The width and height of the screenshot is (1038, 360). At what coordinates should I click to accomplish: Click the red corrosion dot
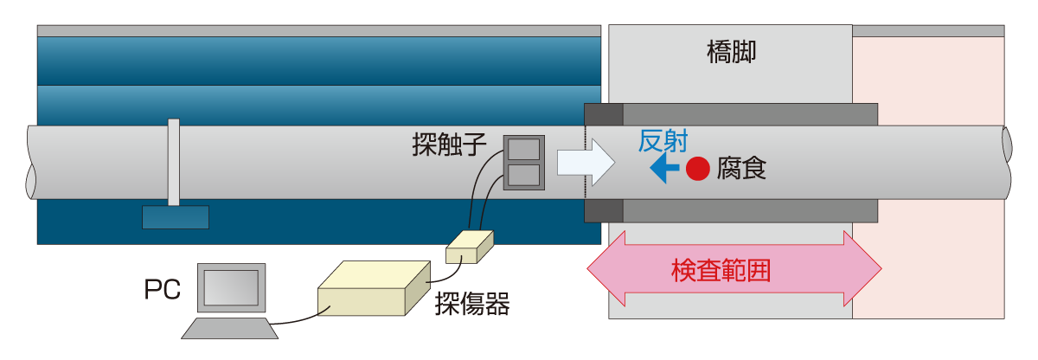point(698,169)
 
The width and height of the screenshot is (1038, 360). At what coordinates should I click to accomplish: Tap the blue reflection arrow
point(663,169)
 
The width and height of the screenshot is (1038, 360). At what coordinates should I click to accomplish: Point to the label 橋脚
point(731,54)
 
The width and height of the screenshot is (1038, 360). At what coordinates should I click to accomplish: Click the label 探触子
point(450,145)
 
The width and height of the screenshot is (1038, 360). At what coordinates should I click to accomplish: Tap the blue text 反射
point(663,141)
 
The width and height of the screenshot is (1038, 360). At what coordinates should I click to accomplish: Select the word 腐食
point(741,169)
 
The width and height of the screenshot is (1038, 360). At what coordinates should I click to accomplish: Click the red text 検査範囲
point(721,271)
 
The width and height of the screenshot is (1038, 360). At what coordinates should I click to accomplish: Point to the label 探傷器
point(471,304)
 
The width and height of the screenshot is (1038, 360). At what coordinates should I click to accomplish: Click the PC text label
point(162,290)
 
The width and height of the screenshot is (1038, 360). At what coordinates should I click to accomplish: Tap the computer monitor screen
point(231,287)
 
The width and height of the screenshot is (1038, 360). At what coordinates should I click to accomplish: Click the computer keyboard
point(229,328)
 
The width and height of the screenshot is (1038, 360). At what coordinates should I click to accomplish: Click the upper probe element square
point(523,150)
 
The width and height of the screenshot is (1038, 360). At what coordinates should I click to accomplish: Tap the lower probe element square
point(523,176)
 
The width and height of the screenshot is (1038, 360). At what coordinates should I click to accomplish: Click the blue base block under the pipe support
point(175,217)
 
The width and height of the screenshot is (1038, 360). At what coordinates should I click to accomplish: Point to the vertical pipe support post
point(174,162)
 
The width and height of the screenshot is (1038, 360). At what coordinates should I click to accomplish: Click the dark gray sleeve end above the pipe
point(604,114)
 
